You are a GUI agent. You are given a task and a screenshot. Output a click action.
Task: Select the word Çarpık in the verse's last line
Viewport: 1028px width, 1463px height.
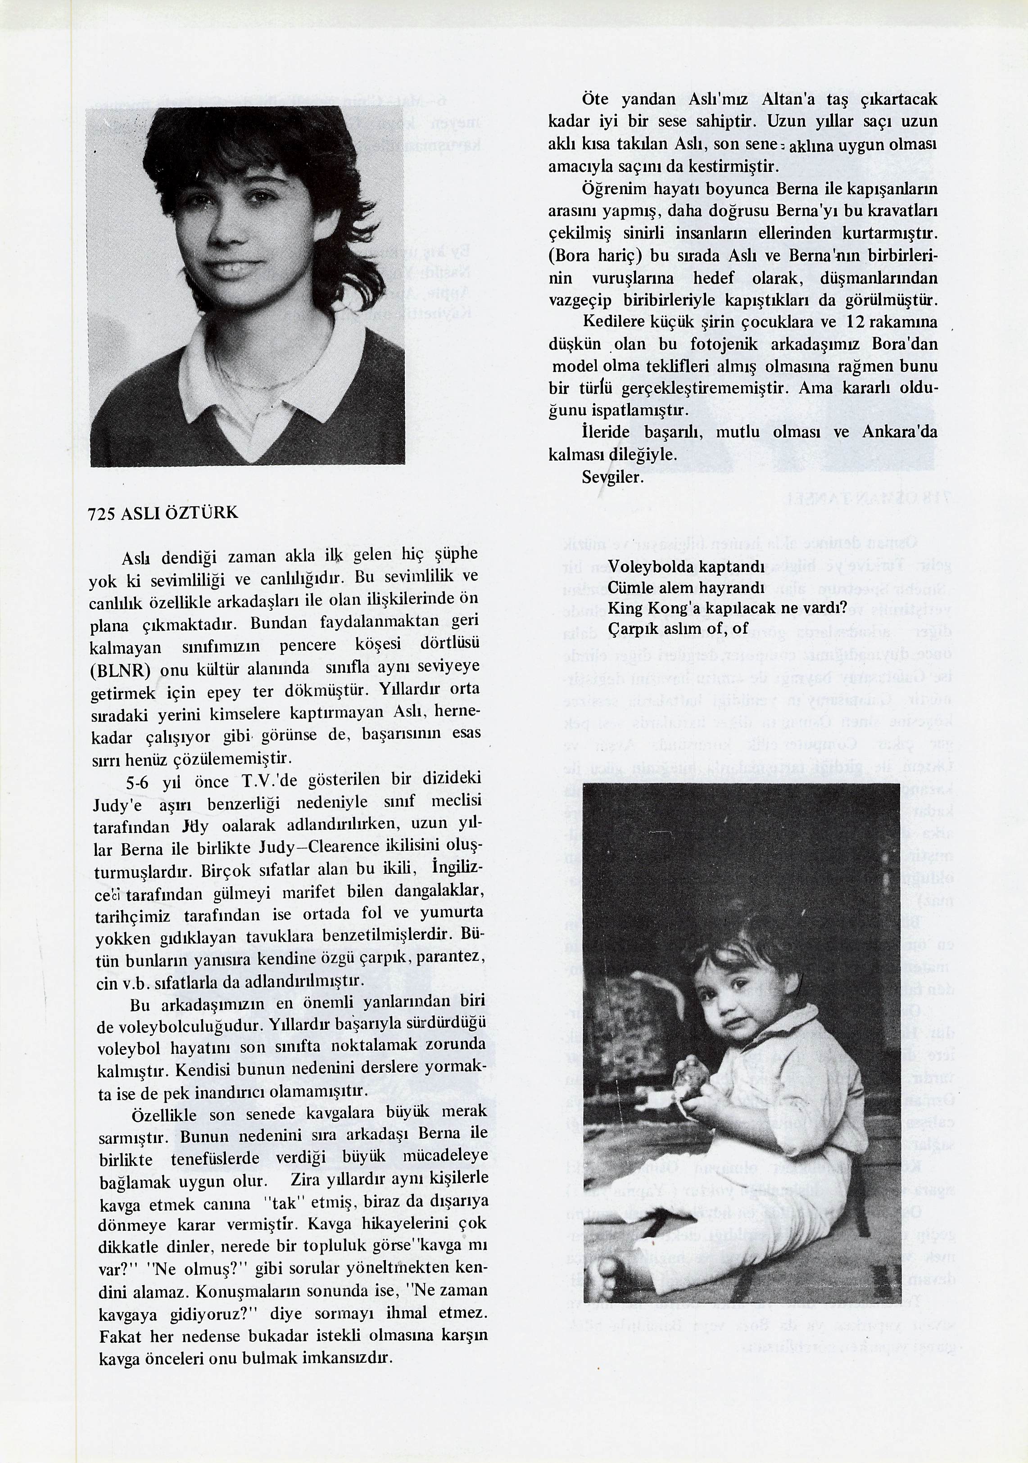click(629, 628)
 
